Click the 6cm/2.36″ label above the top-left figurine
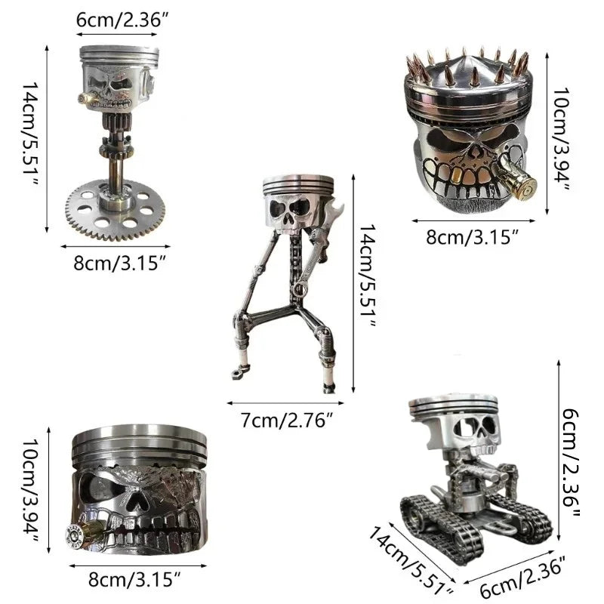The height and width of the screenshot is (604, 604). coord(122,20)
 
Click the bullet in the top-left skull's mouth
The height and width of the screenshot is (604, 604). coord(88,98)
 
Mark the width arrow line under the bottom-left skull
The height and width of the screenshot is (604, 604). coord(138,565)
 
